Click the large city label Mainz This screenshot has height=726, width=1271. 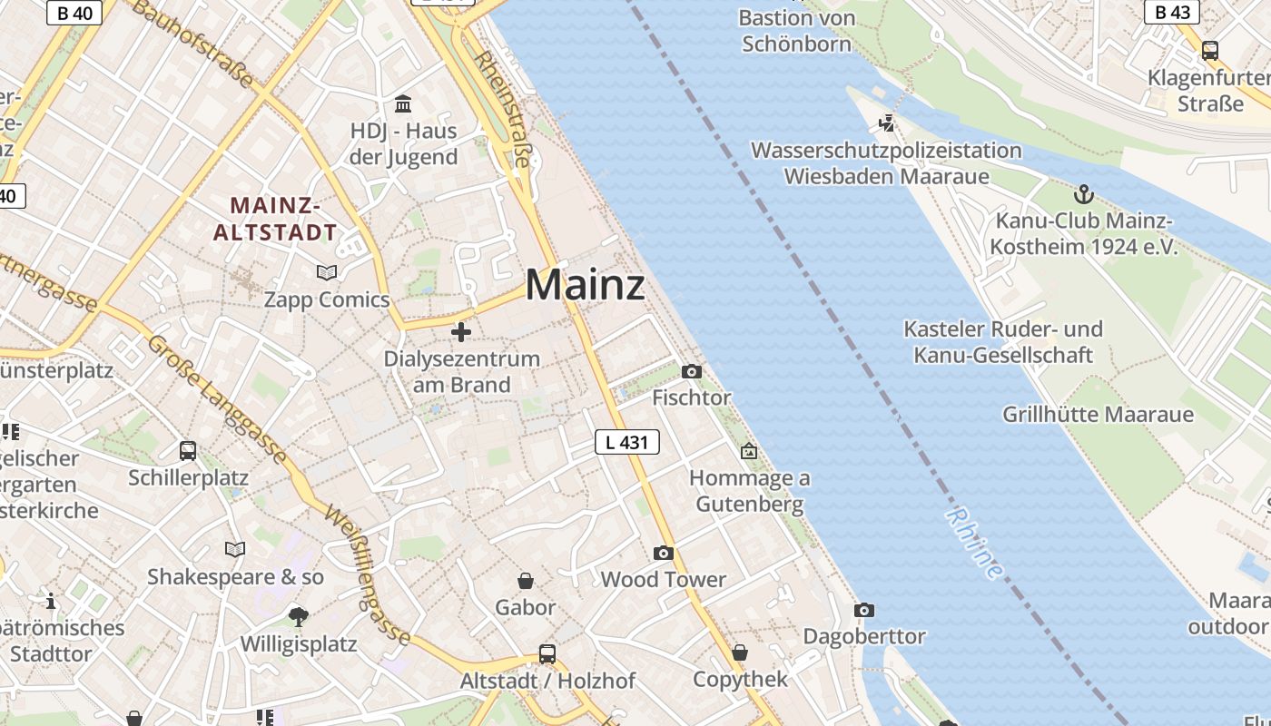(x=585, y=285)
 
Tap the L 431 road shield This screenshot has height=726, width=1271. (x=626, y=442)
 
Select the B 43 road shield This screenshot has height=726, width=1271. (x=1171, y=12)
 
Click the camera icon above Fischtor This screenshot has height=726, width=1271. (x=691, y=371)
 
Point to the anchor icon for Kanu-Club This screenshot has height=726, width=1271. (x=1082, y=194)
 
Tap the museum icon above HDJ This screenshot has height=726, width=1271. (x=403, y=103)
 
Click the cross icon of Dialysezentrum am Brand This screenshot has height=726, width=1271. (x=461, y=332)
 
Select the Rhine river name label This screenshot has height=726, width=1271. (x=975, y=543)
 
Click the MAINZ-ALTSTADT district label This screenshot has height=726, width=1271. (x=275, y=219)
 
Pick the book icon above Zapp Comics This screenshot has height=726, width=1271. (x=326, y=272)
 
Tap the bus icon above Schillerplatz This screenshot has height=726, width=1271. (x=188, y=450)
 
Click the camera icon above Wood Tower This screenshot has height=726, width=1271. (x=664, y=553)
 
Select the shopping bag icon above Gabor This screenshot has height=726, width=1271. (x=525, y=580)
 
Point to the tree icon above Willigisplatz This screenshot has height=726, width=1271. (x=298, y=617)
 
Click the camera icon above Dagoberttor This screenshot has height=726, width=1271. (x=864, y=610)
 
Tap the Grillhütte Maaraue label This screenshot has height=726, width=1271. (x=1097, y=415)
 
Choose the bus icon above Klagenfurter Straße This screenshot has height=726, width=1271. (x=1209, y=51)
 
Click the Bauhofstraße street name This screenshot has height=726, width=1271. (x=193, y=44)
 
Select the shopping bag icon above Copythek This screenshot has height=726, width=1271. (x=740, y=652)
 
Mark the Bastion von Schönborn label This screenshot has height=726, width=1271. (x=797, y=31)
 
